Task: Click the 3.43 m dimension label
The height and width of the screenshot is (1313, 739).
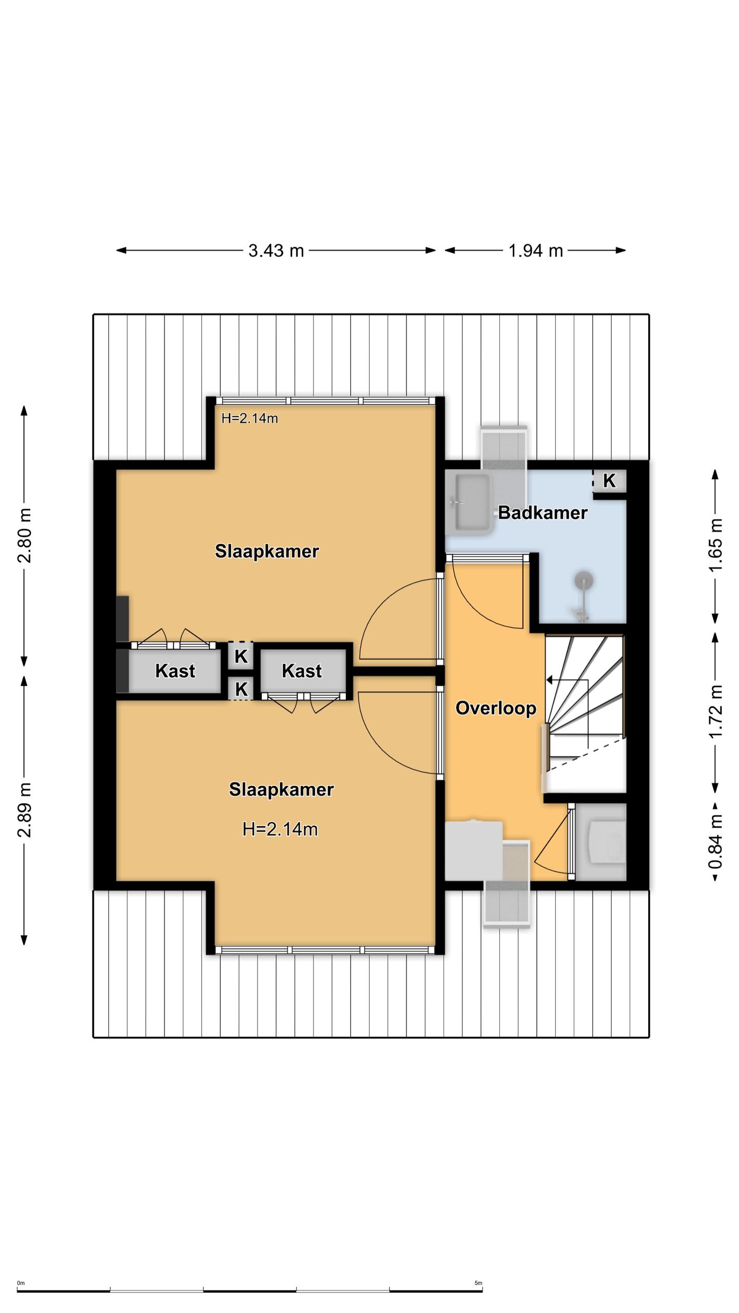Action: (x=276, y=250)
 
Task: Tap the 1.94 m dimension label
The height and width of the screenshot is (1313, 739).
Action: (x=535, y=250)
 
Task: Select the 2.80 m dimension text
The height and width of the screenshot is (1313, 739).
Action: (x=24, y=535)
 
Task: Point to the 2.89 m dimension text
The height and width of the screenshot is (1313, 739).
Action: (x=24, y=810)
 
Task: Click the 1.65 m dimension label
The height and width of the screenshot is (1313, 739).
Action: (x=716, y=545)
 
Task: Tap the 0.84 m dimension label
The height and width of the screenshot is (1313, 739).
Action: (x=716, y=842)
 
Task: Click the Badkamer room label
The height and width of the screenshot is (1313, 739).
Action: (x=542, y=512)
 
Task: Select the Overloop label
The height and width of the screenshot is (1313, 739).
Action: (x=496, y=708)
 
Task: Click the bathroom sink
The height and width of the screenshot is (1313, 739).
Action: (x=469, y=503)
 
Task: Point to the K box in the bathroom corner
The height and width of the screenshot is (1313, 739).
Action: (x=609, y=481)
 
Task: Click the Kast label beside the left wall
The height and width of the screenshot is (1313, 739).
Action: (x=175, y=671)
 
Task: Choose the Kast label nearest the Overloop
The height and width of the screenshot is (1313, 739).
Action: (x=302, y=671)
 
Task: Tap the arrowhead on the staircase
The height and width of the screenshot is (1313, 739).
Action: (x=550, y=680)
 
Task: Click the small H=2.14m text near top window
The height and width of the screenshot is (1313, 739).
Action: (x=249, y=419)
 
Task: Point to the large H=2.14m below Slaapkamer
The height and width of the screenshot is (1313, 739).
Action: (x=280, y=829)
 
